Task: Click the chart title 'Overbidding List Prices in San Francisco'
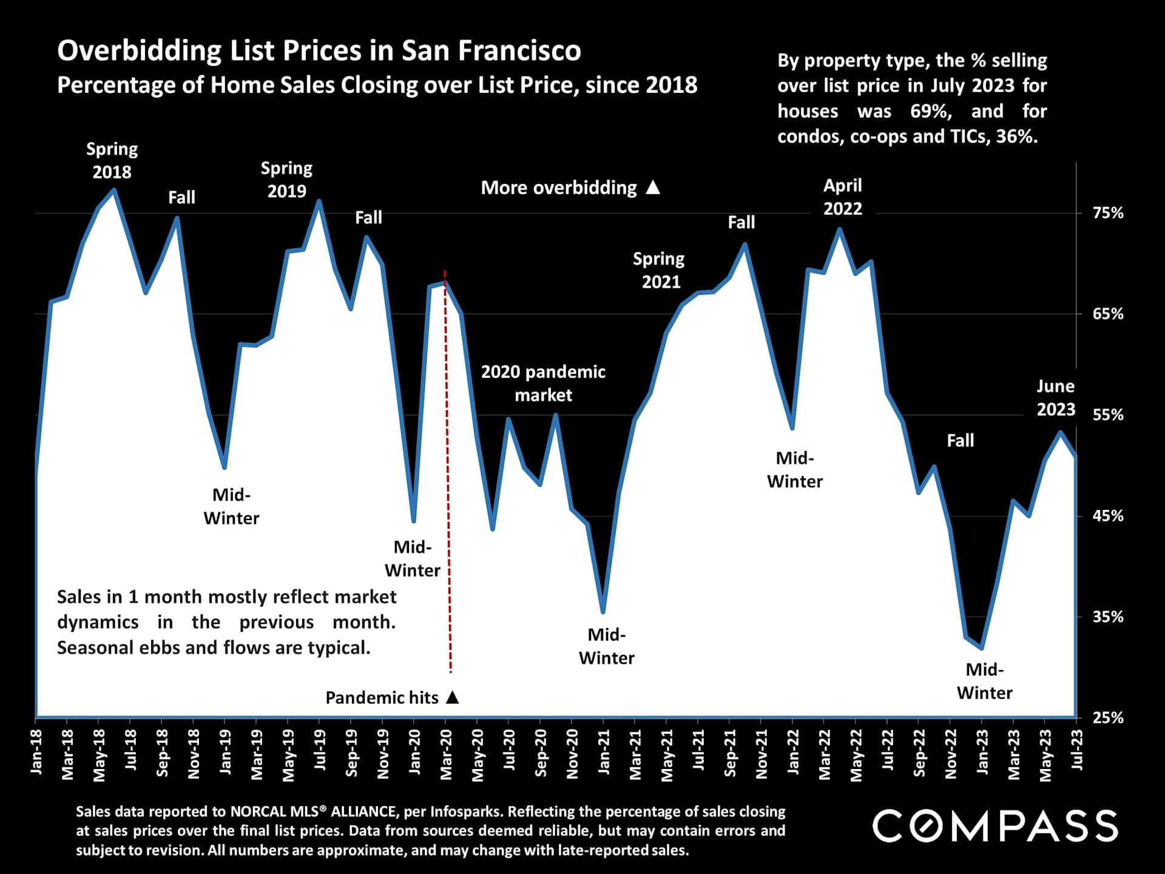pyautogui.click(x=319, y=50)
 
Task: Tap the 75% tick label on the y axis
pyautogui.click(x=1108, y=213)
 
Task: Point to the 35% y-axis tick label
pyautogui.click(x=1108, y=617)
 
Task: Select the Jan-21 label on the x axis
pyautogui.click(x=604, y=751)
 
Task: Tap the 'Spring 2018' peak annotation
pyautogui.click(x=112, y=160)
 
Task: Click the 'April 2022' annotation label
pyautogui.click(x=842, y=197)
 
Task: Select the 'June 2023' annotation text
pyautogui.click(x=1055, y=398)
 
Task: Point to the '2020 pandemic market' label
pyautogui.click(x=543, y=383)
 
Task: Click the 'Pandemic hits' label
pyautogui.click(x=382, y=698)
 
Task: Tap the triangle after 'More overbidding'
pyautogui.click(x=653, y=188)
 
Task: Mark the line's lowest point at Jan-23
pyautogui.click(x=982, y=648)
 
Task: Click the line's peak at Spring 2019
pyautogui.click(x=319, y=201)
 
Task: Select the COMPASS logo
pyautogui.click(x=994, y=826)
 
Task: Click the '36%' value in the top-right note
pyautogui.click(x=1016, y=137)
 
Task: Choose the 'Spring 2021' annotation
pyautogui.click(x=660, y=270)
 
